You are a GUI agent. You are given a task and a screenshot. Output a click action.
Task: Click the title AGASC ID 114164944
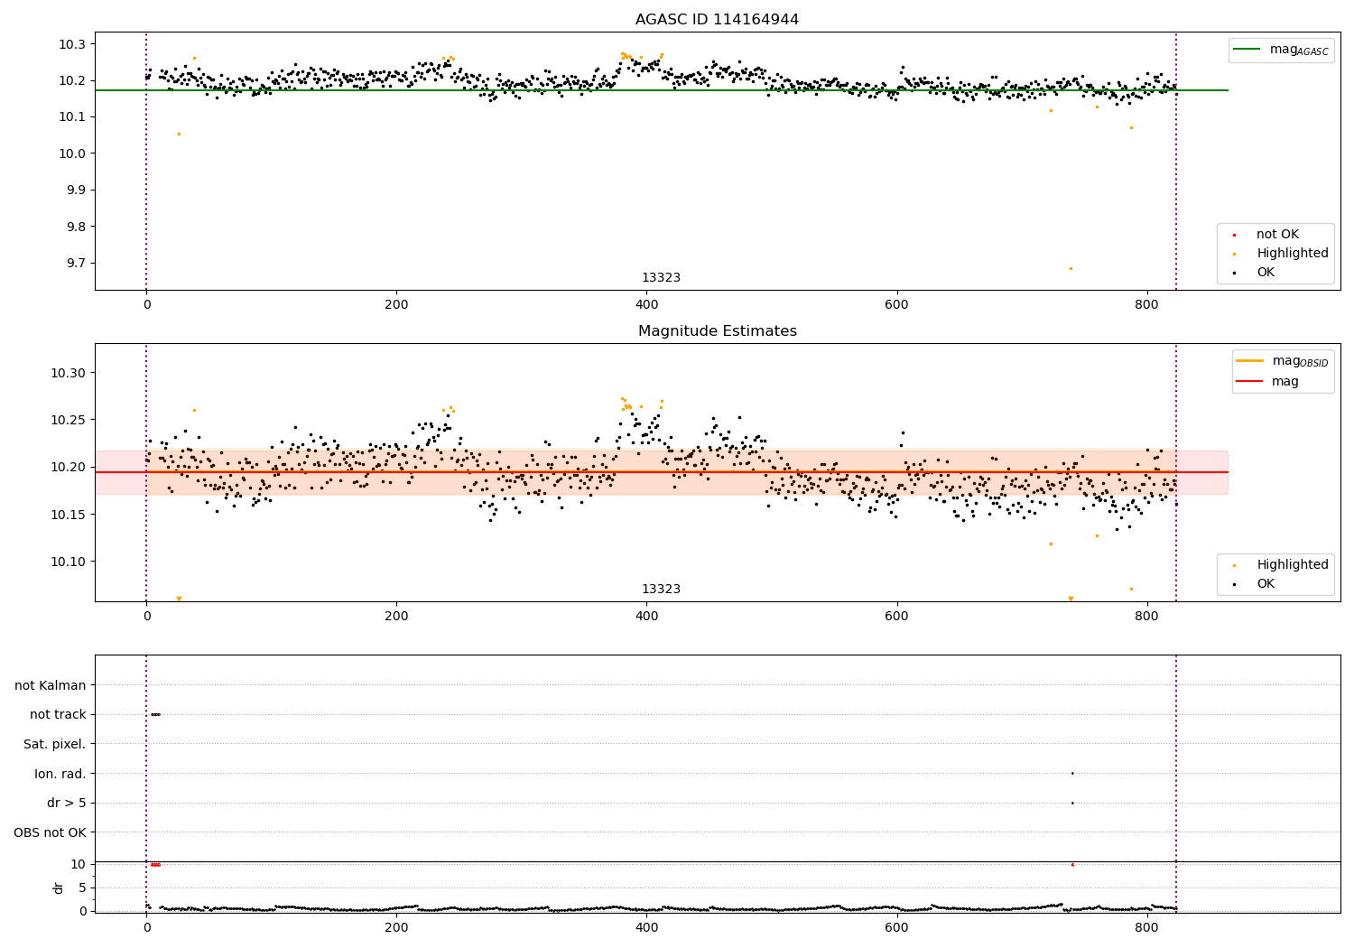[717, 20]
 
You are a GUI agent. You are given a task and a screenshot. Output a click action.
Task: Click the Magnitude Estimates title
[717, 331]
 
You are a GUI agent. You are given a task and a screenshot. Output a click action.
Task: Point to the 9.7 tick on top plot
[77, 263]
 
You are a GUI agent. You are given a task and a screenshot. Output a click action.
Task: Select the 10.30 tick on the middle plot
[72, 373]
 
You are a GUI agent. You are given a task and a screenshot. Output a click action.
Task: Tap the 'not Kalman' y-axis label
[51, 685]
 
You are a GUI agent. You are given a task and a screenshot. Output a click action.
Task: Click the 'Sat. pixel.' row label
[55, 744]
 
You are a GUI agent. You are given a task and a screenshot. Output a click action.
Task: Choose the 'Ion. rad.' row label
[60, 774]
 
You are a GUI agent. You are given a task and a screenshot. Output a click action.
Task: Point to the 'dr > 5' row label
[67, 803]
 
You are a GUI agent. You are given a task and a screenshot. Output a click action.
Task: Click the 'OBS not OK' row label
[51, 832]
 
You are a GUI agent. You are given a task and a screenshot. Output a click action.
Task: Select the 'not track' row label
[58, 714]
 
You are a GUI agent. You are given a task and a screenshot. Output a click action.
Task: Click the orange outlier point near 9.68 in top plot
[1071, 268]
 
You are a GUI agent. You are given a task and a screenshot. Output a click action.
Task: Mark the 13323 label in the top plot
[661, 278]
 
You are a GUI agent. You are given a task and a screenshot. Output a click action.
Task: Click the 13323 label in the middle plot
[661, 590]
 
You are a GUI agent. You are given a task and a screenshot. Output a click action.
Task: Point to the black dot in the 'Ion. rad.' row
[1072, 773]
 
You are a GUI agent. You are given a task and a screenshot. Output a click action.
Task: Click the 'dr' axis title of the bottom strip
[59, 888]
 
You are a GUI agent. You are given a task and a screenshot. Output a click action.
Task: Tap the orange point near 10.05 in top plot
[179, 134]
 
